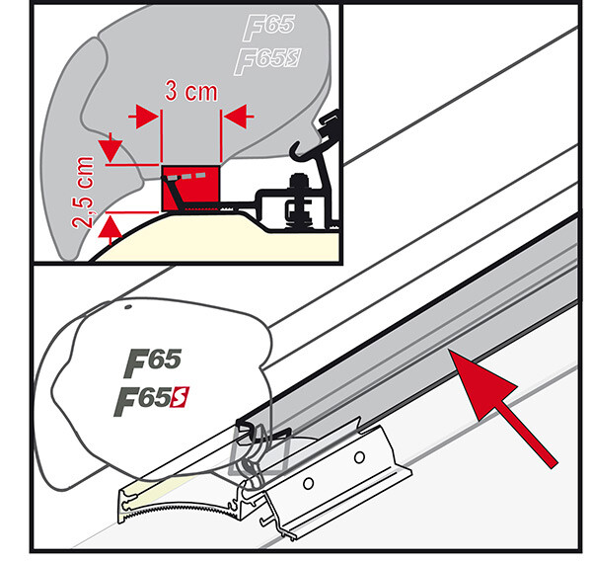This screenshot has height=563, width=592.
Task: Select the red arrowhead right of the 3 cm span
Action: (x=234, y=117)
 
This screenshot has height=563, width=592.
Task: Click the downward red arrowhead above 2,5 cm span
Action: (x=111, y=151)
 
